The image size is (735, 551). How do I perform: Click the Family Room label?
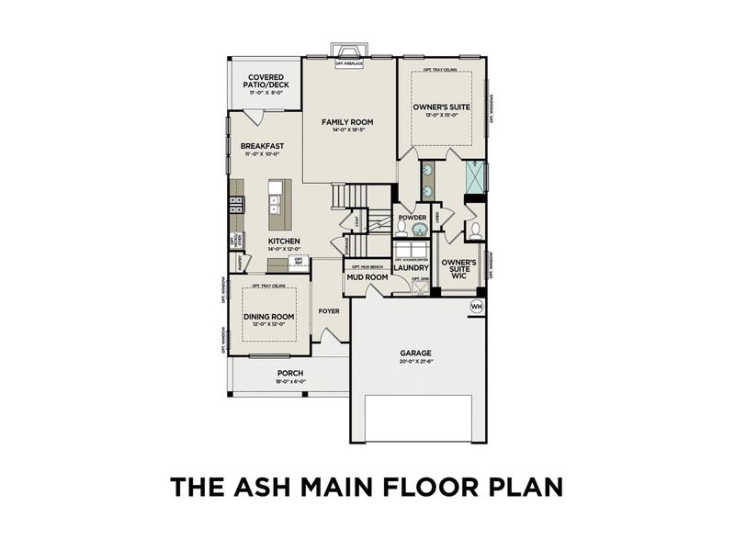tap(348, 121)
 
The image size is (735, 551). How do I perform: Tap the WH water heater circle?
tap(477, 306)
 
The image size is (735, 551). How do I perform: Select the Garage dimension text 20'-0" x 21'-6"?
tap(415, 362)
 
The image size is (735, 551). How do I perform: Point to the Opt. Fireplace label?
tap(349, 63)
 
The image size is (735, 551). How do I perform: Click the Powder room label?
tap(410, 219)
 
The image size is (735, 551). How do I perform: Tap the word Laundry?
tap(412, 268)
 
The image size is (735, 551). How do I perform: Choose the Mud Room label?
tap(367, 277)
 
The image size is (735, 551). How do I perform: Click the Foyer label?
tap(329, 310)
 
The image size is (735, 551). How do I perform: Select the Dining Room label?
tap(268, 317)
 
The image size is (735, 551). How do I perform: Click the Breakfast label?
tap(262, 146)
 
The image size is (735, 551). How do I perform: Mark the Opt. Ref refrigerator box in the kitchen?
tap(300, 261)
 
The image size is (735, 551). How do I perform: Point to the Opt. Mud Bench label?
tap(366, 266)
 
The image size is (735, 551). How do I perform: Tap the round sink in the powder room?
tap(418, 229)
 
